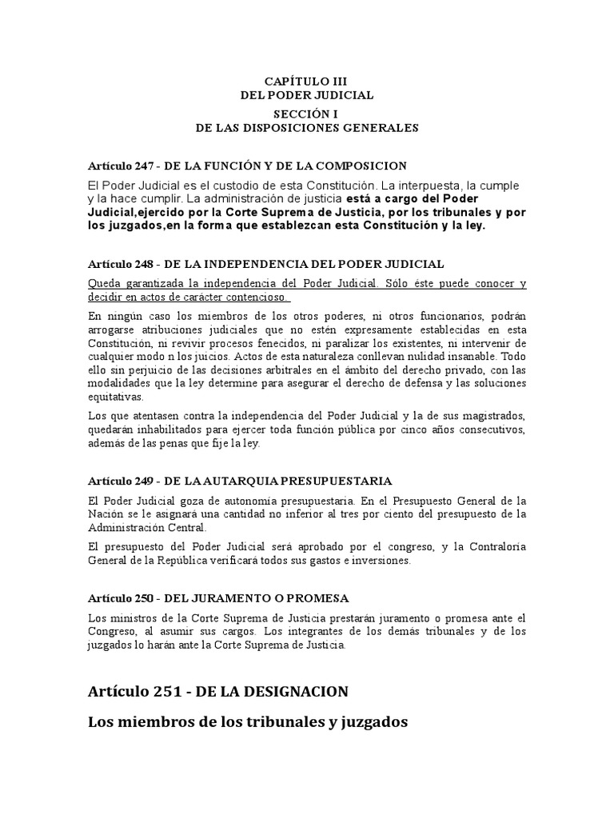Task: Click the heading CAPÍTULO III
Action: pyautogui.click(x=307, y=81)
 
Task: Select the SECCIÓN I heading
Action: pyautogui.click(x=307, y=114)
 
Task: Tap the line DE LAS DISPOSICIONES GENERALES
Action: pyautogui.click(x=307, y=127)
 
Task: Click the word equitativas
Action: pyautogui.click(x=116, y=397)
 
